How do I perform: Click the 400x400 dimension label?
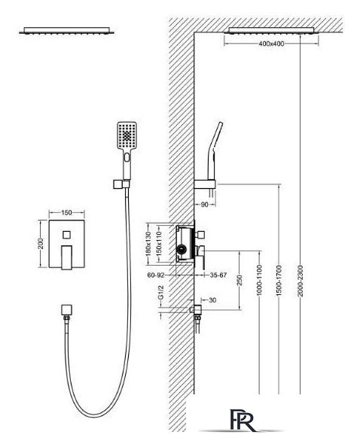pyautogui.click(x=271, y=44)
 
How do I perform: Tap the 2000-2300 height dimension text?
pyautogui.click(x=301, y=281)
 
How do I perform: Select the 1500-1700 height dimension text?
pyautogui.click(x=279, y=281)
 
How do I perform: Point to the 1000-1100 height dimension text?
pyautogui.click(x=259, y=280)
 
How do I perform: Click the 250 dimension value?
pyautogui.click(x=239, y=280)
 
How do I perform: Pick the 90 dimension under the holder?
pyautogui.click(x=205, y=205)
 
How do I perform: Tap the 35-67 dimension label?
pyautogui.click(x=218, y=275)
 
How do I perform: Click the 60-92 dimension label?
pyautogui.click(x=156, y=275)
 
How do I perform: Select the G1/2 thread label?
pyautogui.click(x=161, y=292)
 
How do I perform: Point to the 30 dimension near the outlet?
pyautogui.click(x=212, y=300)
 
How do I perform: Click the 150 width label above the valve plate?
pyautogui.click(x=66, y=213)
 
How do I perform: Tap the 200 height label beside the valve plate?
pyautogui.click(x=41, y=244)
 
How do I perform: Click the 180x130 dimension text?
pyautogui.click(x=149, y=244)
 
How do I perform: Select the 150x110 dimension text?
pyautogui.click(x=160, y=242)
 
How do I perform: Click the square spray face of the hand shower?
pyautogui.click(x=127, y=135)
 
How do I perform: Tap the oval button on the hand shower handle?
pyautogui.click(x=127, y=157)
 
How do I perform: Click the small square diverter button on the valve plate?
pyautogui.click(x=67, y=235)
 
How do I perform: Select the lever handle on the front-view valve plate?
pyautogui.click(x=67, y=257)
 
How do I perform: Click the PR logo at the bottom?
pyautogui.click(x=243, y=421)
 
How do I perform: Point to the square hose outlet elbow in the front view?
pyautogui.click(x=67, y=310)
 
